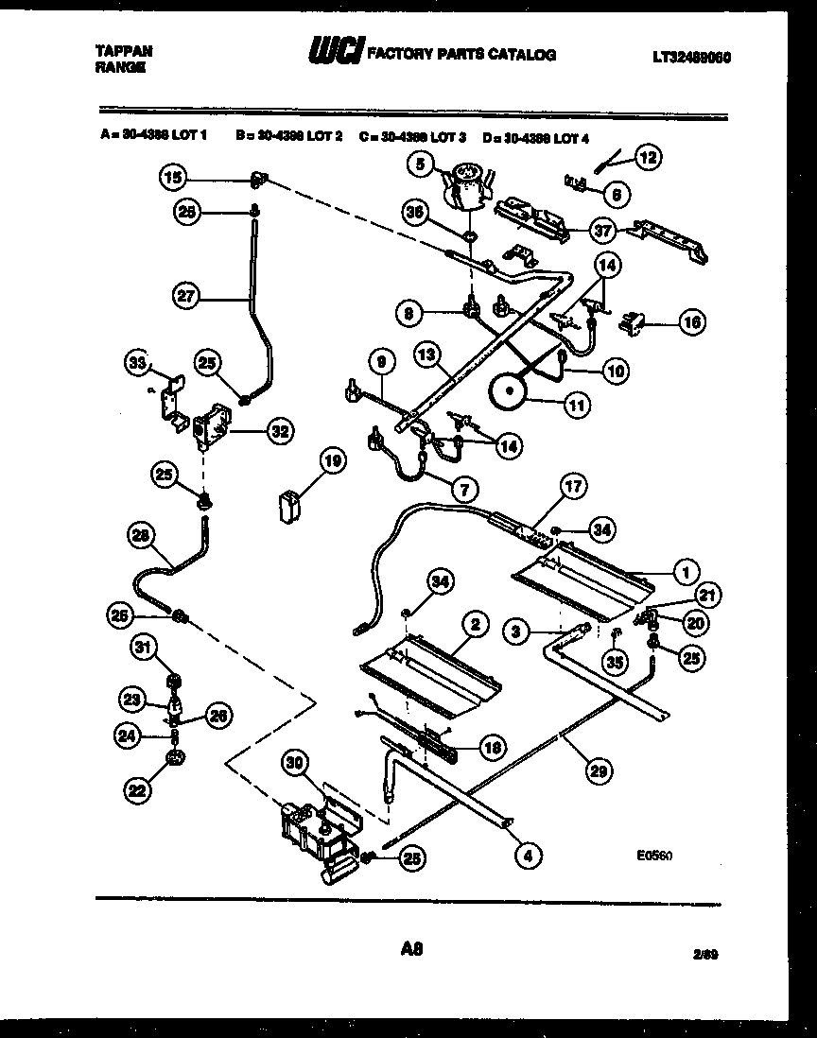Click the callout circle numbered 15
tap(171, 176)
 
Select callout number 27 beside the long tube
tap(185, 297)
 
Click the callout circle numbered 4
tap(529, 856)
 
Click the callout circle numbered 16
tap(690, 323)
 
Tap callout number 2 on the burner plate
tap(474, 623)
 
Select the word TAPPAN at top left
tap(125, 51)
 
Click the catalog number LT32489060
tap(691, 56)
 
